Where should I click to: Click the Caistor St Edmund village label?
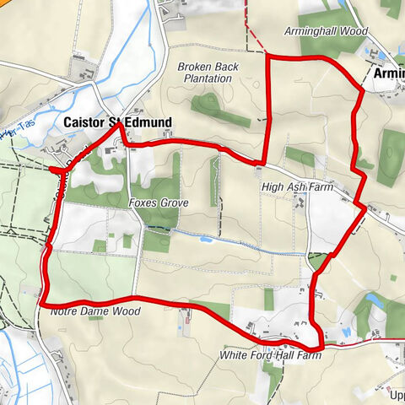[x=118, y=123]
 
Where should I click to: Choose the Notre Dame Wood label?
[x=88, y=311]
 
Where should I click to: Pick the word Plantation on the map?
[x=209, y=78]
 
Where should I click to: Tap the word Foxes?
[x=142, y=203]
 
